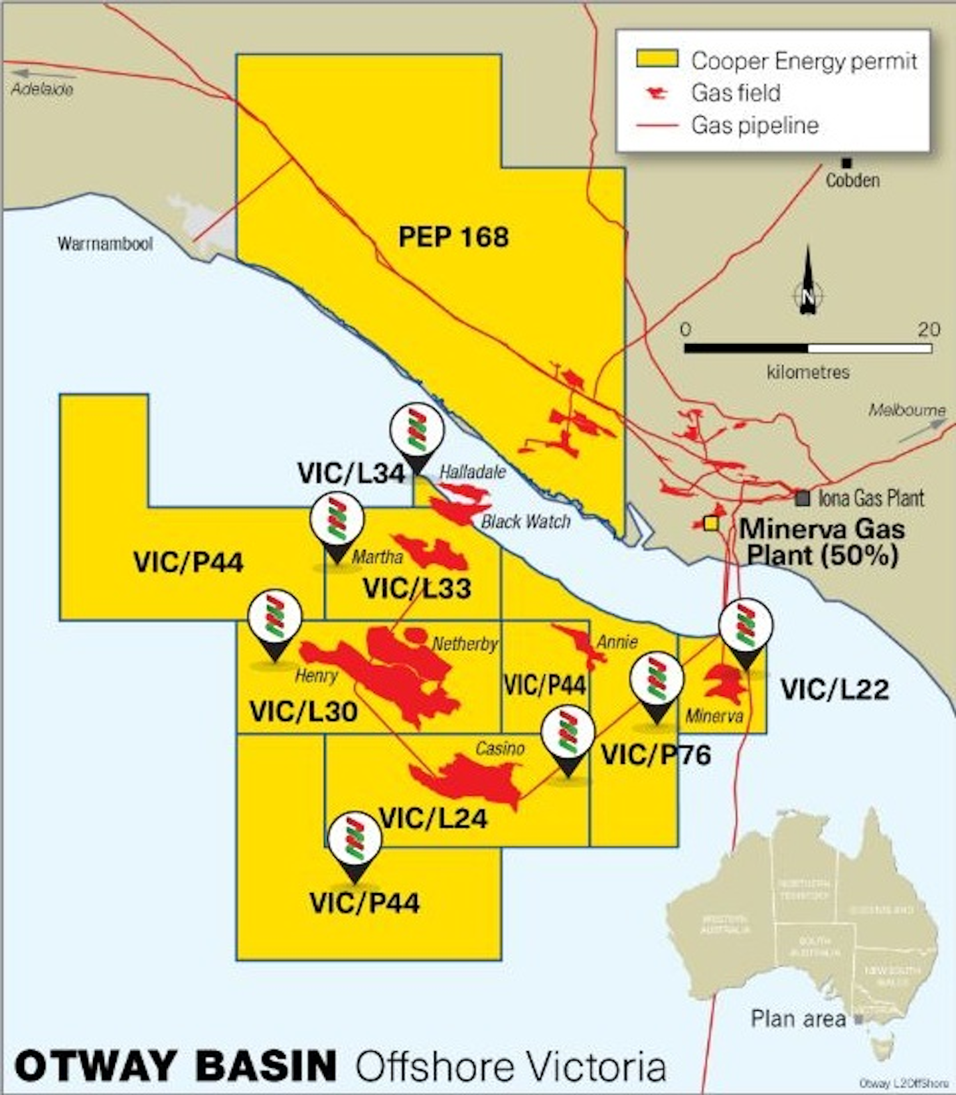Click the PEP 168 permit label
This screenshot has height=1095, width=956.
pyautogui.click(x=453, y=237)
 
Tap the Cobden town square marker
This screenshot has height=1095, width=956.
pyautogui.click(x=846, y=163)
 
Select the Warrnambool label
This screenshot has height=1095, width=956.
pyautogui.click(x=105, y=244)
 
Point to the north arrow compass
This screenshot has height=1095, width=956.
pyautogui.click(x=808, y=286)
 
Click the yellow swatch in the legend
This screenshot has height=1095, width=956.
pyautogui.click(x=657, y=59)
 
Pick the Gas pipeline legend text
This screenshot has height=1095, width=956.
pyautogui.click(x=755, y=126)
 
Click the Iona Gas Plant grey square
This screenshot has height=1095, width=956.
pyautogui.click(x=803, y=497)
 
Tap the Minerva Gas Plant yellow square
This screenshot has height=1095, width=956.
pyautogui.click(x=711, y=523)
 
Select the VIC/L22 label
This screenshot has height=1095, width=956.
pyautogui.click(x=835, y=690)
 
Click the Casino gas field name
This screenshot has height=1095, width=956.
pyautogui.click(x=500, y=749)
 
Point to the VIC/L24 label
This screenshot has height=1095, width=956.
pyautogui.click(x=434, y=819)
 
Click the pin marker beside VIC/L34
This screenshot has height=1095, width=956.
pyautogui.click(x=416, y=435)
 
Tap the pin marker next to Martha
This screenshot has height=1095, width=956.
pyautogui.click(x=337, y=525)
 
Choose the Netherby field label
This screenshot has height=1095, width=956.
pyautogui.click(x=465, y=643)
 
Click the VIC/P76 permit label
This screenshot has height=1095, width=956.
pyautogui.click(x=656, y=755)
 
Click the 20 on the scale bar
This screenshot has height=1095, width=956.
pyautogui.click(x=929, y=329)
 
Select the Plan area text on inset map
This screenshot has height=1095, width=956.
pyautogui.click(x=798, y=1019)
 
